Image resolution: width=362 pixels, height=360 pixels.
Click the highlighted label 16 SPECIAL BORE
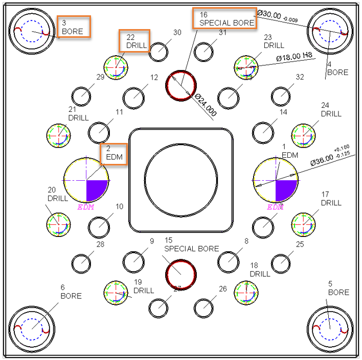(224, 18)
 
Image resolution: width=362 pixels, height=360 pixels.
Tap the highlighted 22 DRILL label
(134, 41)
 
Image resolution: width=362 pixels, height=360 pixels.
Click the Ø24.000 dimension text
(205, 106)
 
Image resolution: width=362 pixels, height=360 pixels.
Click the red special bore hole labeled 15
(181, 273)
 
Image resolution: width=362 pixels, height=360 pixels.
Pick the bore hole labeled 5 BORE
(329, 325)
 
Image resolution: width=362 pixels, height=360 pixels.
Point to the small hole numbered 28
(81, 263)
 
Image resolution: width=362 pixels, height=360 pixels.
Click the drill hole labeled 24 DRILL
(304, 135)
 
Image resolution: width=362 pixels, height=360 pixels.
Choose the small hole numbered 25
(281, 263)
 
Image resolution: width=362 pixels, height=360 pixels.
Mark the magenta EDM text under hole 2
(86, 207)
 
